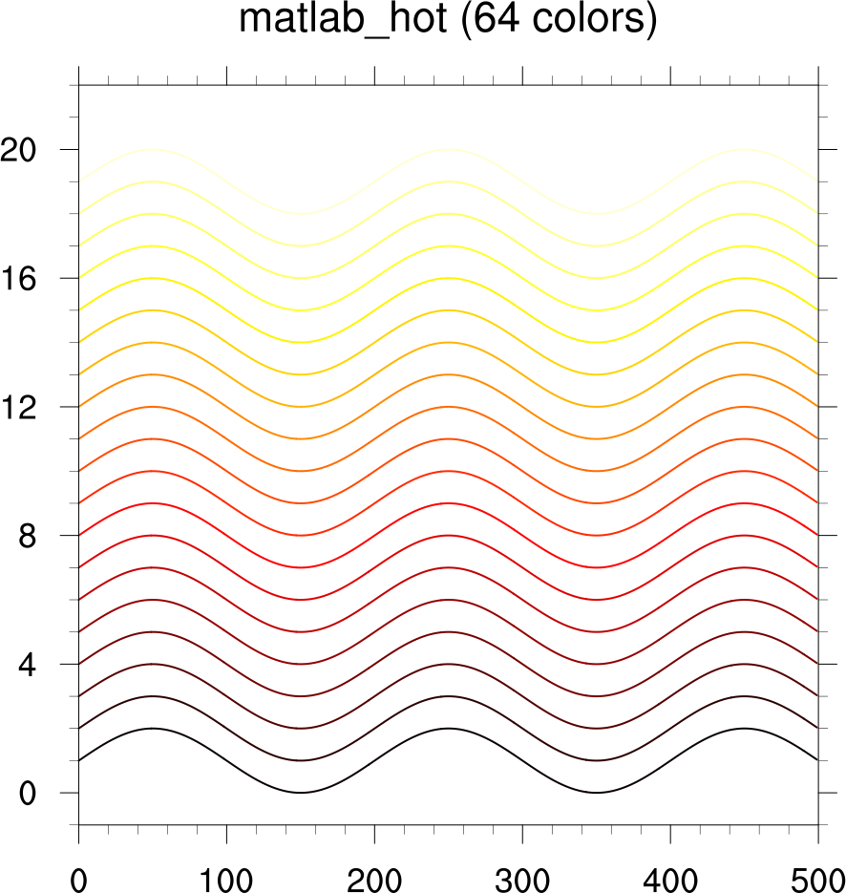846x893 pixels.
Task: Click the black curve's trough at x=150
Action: pyautogui.click(x=300, y=793)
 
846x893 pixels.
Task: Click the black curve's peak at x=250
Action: pyautogui.click(x=448, y=729)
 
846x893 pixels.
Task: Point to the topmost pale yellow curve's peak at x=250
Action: pyautogui.click(x=448, y=150)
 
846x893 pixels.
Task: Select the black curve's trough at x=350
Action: pyautogui.click(x=596, y=793)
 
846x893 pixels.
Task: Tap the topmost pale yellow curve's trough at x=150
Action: pyautogui.click(x=300, y=214)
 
